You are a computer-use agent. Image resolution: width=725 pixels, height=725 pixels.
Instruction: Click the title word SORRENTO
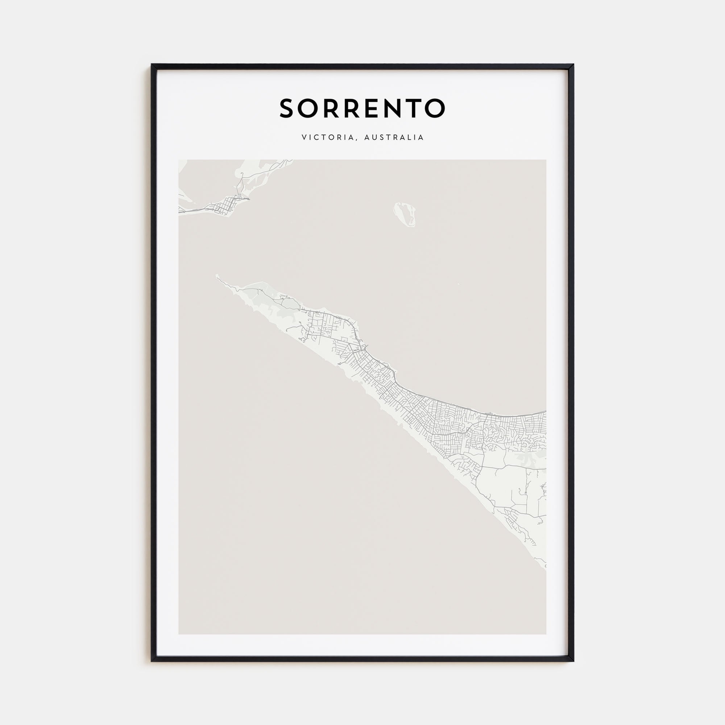pos(362,108)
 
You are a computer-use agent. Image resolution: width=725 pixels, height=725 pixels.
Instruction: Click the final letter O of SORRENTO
pos(435,108)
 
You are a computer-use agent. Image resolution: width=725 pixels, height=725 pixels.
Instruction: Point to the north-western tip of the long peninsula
pos(217,276)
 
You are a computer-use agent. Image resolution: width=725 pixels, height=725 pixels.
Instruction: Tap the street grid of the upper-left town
pos(225,206)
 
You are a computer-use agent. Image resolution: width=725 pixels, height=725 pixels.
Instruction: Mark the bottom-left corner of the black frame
pos(152,661)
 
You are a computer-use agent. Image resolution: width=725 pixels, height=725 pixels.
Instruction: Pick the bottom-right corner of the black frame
pos(573,661)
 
